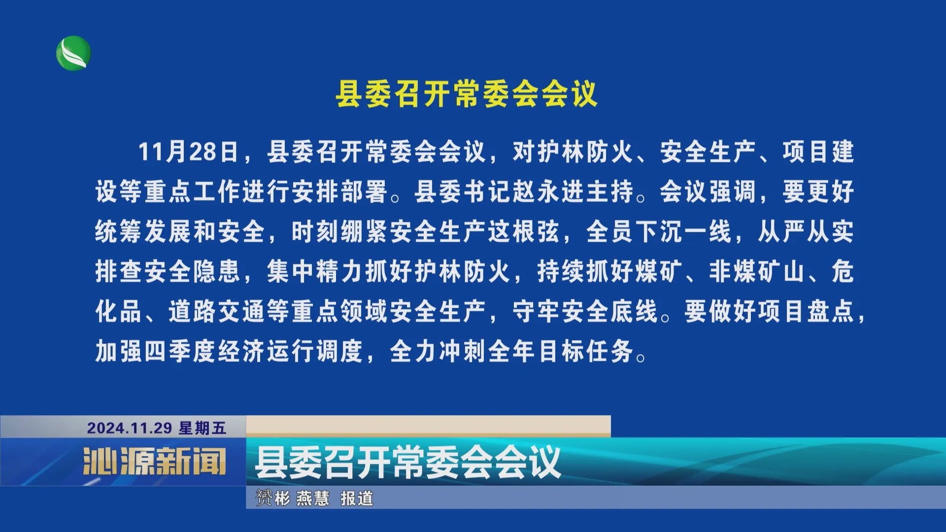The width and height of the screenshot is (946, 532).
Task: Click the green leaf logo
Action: coord(73,53)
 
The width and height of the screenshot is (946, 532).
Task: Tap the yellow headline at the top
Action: coord(467,94)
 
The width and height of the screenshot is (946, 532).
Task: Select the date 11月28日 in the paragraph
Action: coord(188,151)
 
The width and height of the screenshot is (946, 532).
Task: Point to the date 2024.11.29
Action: coord(130,428)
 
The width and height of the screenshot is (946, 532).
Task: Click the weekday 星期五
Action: coord(203,428)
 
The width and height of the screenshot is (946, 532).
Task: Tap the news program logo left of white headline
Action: coord(155,461)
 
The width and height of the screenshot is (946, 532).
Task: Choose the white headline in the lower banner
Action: coord(408,462)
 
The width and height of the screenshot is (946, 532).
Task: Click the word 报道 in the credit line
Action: coord(357,498)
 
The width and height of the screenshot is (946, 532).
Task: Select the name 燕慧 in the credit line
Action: coord(313,498)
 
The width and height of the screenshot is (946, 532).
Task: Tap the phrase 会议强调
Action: coord(708,191)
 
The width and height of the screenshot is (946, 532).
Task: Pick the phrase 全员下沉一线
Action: coord(659,231)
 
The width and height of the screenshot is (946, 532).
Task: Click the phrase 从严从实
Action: coord(806,231)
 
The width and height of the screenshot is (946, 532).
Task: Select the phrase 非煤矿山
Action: coord(757,271)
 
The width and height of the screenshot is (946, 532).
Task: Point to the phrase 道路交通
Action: coord(217,311)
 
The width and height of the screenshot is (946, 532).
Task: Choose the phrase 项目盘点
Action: coord(806,311)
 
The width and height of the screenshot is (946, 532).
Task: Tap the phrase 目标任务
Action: coord(586,351)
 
